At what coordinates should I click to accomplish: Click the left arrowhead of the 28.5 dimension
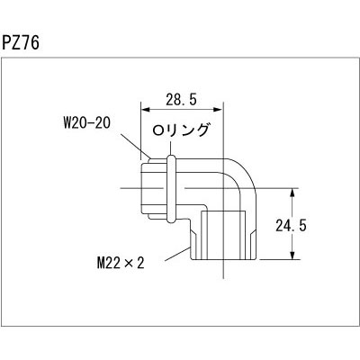pyautogui.click(x=142, y=106)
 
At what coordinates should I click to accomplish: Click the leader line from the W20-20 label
pyautogui.click(x=133, y=144)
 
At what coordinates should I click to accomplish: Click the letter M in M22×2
pyautogui.click(x=101, y=263)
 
